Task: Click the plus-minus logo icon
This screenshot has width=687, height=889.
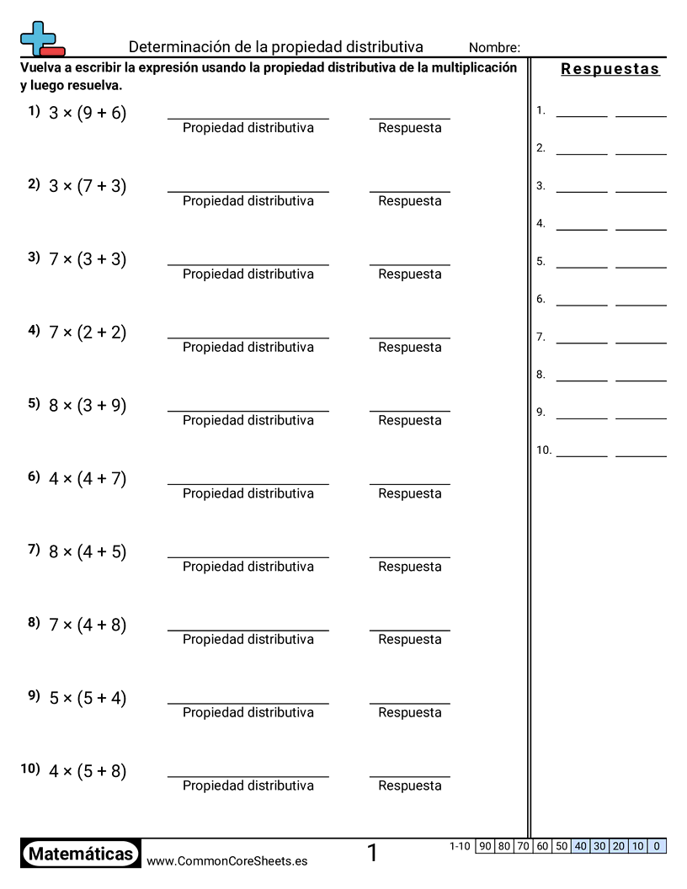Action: [40, 39]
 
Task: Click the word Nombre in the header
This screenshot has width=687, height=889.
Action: [494, 48]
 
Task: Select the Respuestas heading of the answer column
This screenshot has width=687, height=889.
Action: [610, 69]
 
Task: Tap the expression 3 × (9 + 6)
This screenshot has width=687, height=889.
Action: [88, 114]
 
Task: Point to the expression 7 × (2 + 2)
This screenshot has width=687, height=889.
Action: [88, 333]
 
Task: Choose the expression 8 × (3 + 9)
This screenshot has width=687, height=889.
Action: [88, 406]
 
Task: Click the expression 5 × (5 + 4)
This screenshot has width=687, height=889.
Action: [88, 698]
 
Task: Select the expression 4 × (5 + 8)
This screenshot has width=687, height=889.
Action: [88, 771]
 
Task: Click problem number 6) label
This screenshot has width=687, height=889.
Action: [34, 476]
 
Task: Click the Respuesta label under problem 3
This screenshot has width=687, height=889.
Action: [410, 274]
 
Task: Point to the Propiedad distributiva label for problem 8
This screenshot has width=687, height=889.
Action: [248, 640]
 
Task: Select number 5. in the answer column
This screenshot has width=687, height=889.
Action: [541, 262]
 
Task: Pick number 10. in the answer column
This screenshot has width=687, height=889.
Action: [544, 450]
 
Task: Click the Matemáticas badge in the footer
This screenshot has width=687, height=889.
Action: [81, 854]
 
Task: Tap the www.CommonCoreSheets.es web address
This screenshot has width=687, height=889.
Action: [226, 861]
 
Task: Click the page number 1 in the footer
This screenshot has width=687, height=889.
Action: [372, 854]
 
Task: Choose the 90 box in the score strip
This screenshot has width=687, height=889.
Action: [485, 846]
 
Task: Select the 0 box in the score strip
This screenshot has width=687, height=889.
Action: [657, 846]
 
